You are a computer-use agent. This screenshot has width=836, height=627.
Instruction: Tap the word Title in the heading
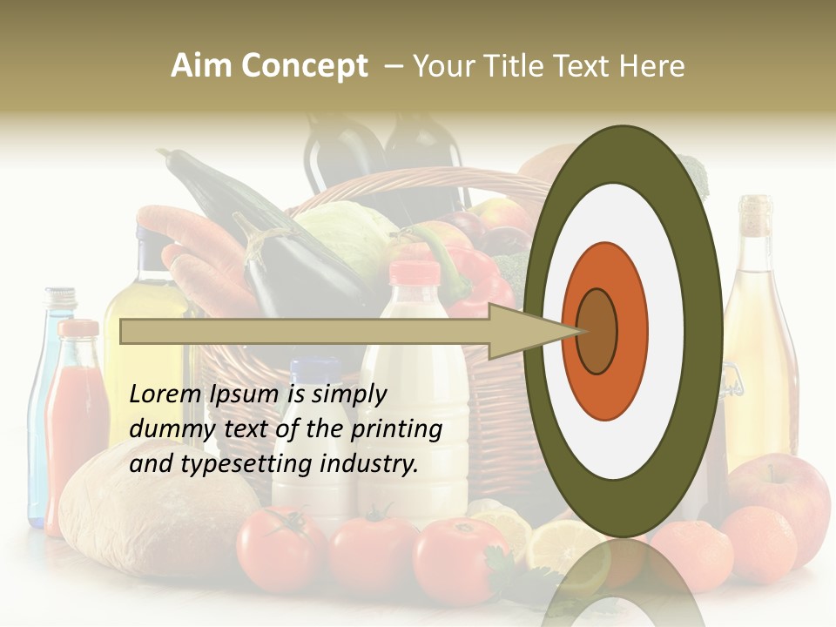pyautogui.click(x=513, y=66)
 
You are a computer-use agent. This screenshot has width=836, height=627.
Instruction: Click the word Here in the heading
pyautogui.click(x=651, y=66)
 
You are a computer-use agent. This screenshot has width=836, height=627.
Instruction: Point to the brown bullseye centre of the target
pyautogui.click(x=597, y=331)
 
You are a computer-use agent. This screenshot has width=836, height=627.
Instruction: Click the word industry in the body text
pyautogui.click(x=368, y=464)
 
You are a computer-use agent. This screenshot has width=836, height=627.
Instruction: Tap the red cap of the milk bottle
pyautogui.click(x=415, y=273)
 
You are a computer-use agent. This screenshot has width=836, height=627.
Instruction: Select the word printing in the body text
pyautogui.click(x=396, y=429)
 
